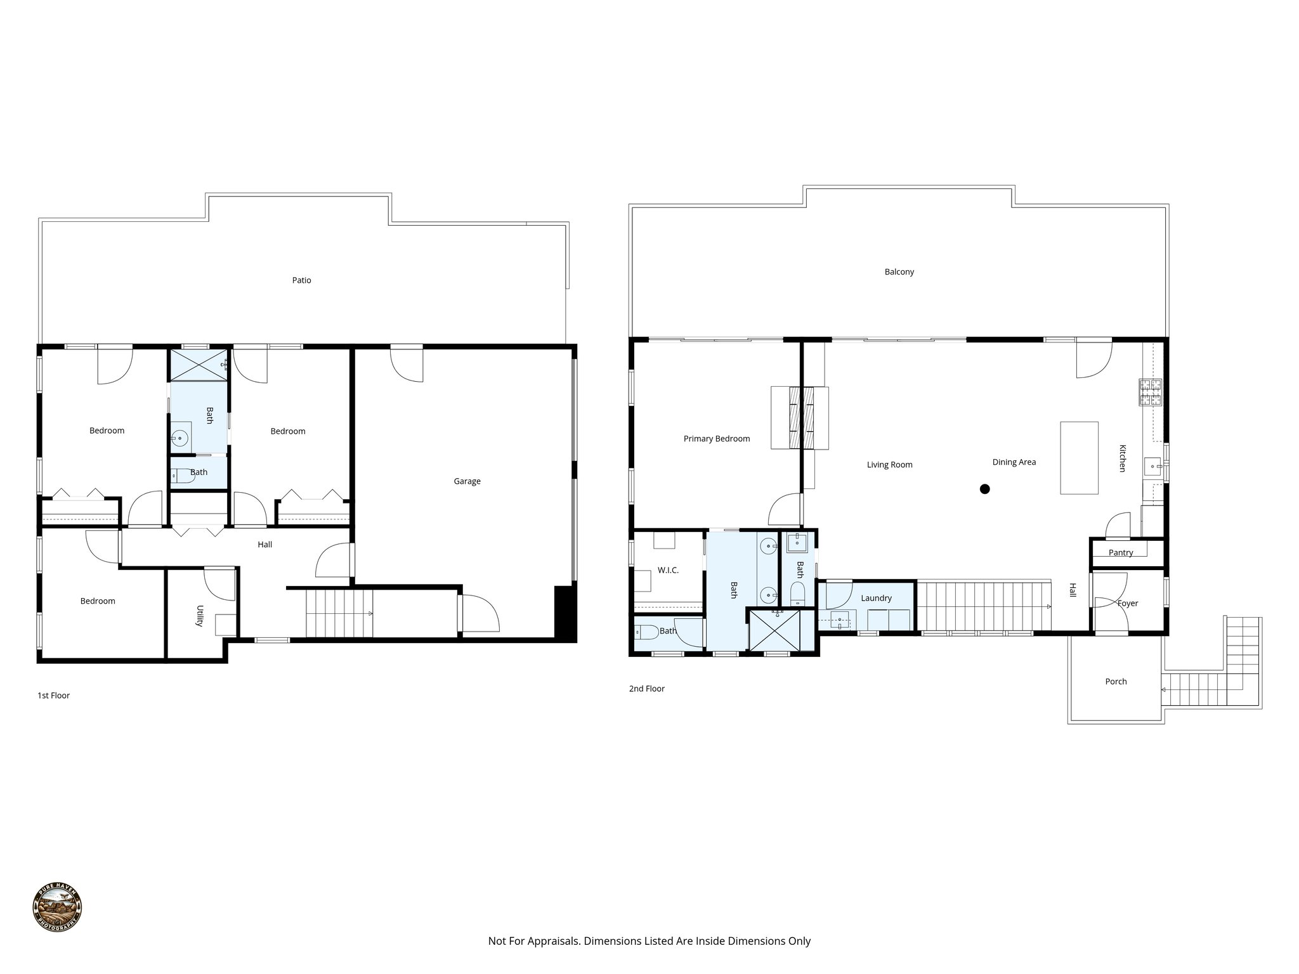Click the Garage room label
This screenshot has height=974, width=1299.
pyautogui.click(x=467, y=481)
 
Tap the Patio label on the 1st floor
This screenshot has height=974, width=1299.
pyautogui.click(x=301, y=280)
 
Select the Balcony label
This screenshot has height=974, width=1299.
pyautogui.click(x=899, y=272)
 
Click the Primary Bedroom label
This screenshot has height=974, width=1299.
pyautogui.click(x=716, y=439)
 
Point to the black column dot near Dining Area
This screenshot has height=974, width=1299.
pyautogui.click(x=984, y=489)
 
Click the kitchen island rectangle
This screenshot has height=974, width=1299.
pyautogui.click(x=1079, y=457)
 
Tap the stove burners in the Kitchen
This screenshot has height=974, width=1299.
pyautogui.click(x=1150, y=392)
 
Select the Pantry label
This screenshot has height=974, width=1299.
pyautogui.click(x=1120, y=553)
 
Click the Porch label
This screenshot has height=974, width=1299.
pyautogui.click(x=1116, y=682)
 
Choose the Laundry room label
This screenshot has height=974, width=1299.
pyautogui.click(x=876, y=598)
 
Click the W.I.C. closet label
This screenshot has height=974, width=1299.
pyautogui.click(x=668, y=570)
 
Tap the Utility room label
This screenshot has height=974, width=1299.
pyautogui.click(x=200, y=615)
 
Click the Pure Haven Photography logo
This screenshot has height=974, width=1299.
pyautogui.click(x=57, y=907)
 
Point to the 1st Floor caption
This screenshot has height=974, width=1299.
pyautogui.click(x=53, y=696)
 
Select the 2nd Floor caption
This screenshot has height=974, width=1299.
pyautogui.click(x=646, y=689)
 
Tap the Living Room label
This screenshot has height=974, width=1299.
pyautogui.click(x=889, y=465)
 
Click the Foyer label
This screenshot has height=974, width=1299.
pyautogui.click(x=1127, y=603)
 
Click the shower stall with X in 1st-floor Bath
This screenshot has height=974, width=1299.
pyautogui.click(x=198, y=365)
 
